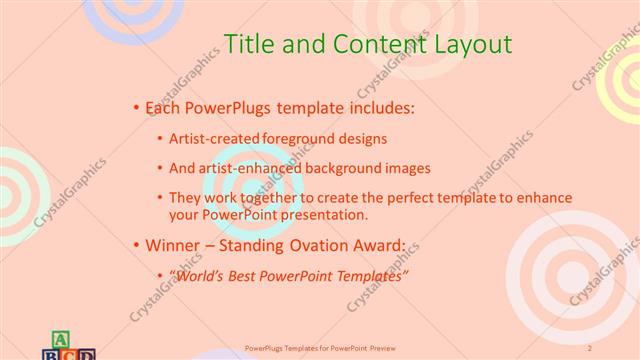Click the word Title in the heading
(245, 44)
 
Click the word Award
(376, 244)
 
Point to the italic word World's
(202, 275)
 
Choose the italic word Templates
(369, 275)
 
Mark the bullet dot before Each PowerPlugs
(136, 107)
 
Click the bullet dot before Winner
(136, 244)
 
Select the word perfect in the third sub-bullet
(399, 198)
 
